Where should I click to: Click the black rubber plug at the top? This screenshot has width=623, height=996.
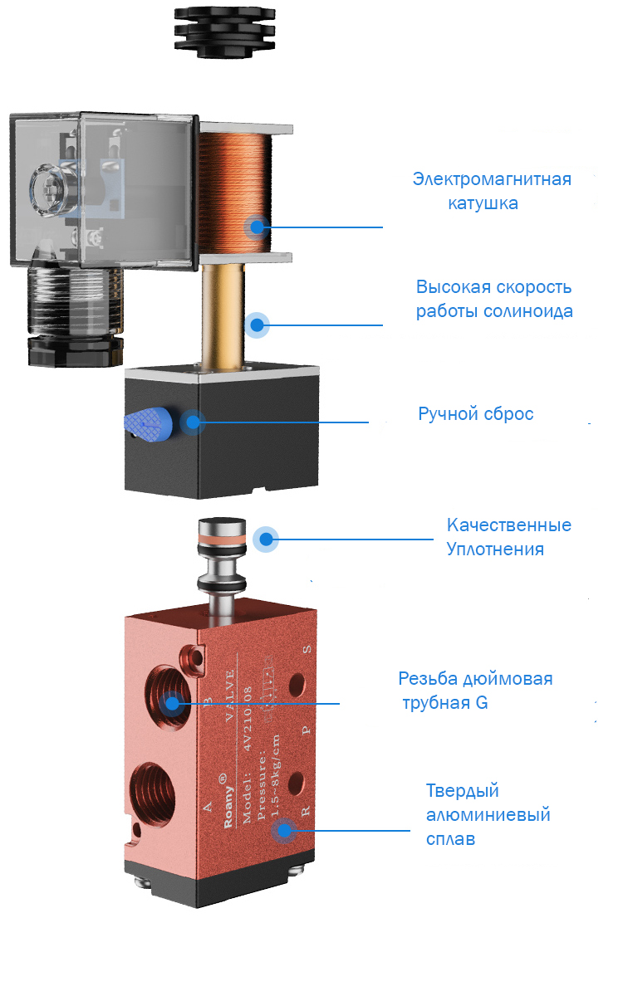(x=224, y=32)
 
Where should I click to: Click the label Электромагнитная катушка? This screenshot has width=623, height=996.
(x=492, y=191)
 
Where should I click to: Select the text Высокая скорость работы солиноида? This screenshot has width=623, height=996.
(x=494, y=299)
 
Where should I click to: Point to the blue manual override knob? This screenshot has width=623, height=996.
(x=148, y=425)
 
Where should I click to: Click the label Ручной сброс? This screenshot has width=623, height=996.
(x=476, y=414)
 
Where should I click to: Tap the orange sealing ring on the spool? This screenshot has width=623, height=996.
(x=221, y=539)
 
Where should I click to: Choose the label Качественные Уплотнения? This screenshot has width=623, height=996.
(x=508, y=537)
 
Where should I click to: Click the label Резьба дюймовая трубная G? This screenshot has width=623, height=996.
(x=475, y=691)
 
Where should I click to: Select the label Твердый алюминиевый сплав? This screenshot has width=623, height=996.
(x=488, y=815)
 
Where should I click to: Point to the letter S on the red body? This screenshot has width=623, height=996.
(x=307, y=650)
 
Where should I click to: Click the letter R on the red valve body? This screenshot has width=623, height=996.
(x=306, y=811)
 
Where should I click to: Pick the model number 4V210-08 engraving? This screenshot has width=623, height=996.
(x=247, y=718)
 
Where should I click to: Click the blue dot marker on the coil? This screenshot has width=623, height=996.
(x=258, y=227)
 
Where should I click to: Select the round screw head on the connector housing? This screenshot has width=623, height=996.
(x=47, y=190)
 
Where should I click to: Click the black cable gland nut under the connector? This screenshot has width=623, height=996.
(x=76, y=350)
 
